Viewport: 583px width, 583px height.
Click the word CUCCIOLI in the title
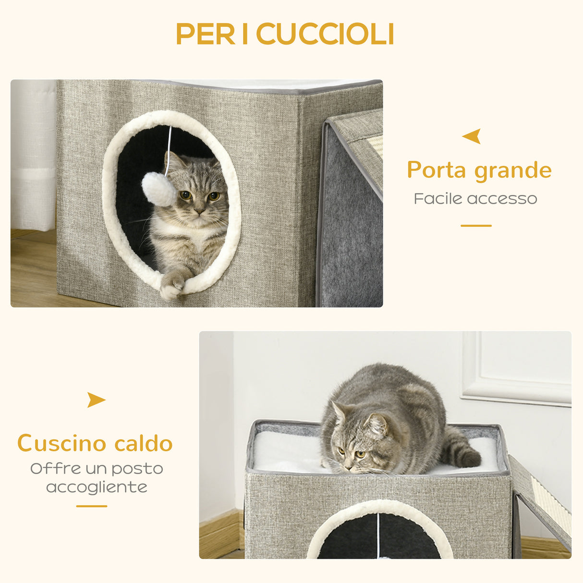[x=326, y=34]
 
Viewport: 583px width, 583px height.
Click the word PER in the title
[x=205, y=34]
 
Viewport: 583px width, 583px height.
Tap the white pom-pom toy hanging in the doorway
[x=158, y=189]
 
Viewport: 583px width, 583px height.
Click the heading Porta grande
[x=479, y=170]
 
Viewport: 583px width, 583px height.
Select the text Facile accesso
[x=475, y=198]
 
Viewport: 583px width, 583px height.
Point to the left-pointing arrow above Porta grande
[x=472, y=136]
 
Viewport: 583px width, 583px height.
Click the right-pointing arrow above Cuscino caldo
[x=96, y=400]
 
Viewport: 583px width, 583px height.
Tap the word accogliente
[x=97, y=487]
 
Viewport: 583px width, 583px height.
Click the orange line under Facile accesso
[x=476, y=226]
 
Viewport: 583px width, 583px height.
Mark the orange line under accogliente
[x=92, y=506]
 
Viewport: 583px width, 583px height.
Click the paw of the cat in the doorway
[x=171, y=287]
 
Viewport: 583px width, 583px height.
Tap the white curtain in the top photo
[x=33, y=154]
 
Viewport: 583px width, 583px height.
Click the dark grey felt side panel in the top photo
[x=350, y=231]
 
